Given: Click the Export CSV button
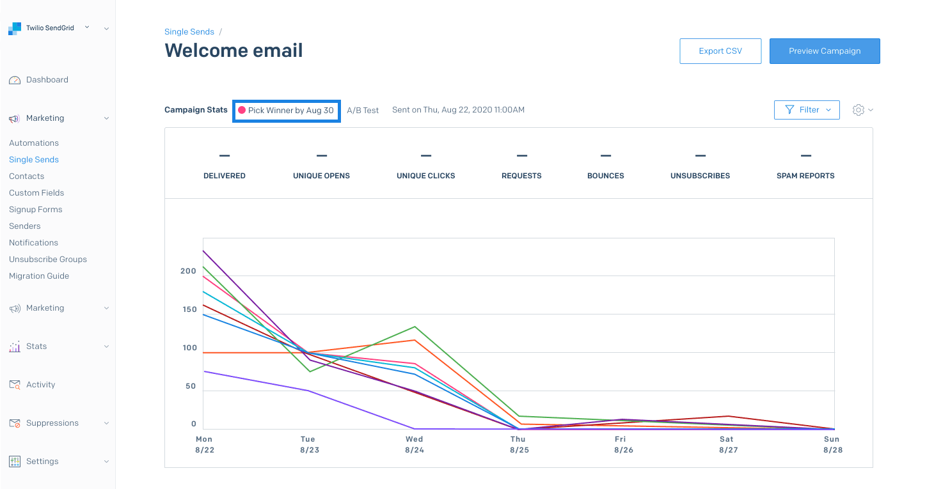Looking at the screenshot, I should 720,51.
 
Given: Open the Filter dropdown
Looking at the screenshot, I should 806,110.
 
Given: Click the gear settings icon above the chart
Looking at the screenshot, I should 859,110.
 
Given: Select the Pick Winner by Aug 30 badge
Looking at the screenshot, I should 286,110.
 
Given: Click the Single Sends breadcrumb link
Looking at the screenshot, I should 189,31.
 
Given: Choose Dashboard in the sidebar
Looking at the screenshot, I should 47,80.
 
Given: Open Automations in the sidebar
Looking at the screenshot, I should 34,143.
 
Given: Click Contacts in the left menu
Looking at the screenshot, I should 27,176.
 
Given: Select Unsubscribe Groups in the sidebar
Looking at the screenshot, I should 48,260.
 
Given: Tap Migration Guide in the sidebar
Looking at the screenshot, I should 39,276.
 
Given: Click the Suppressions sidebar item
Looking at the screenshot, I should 52,423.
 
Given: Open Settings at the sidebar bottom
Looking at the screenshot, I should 42,462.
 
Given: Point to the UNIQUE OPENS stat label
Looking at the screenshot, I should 321,176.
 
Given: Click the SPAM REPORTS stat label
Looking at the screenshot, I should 805,176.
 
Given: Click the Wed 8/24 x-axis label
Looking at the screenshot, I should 414,444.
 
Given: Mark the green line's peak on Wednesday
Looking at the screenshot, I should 415,327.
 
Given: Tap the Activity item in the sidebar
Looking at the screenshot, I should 40,385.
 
